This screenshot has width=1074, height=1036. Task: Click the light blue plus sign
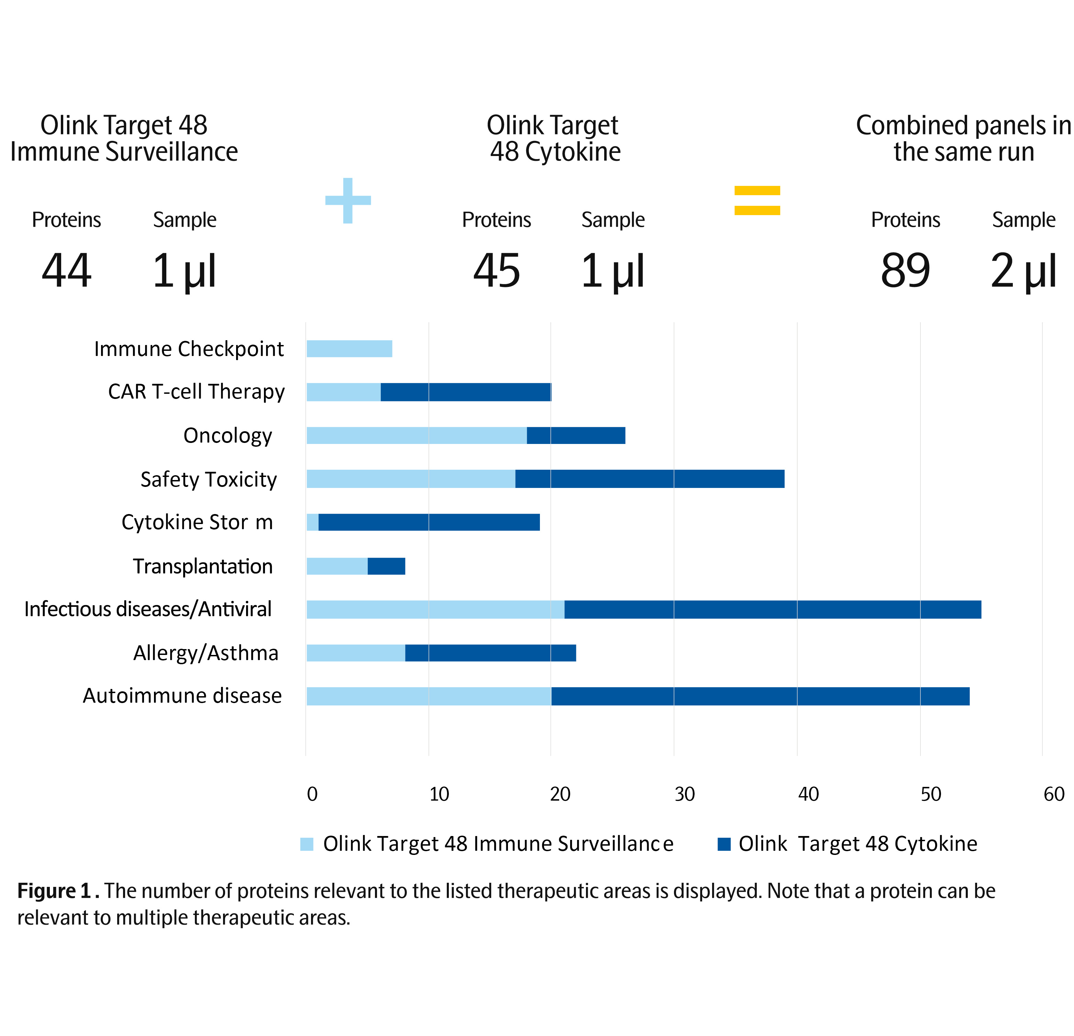348,201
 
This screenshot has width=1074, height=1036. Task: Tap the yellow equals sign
757,201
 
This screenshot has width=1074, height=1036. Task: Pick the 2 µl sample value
1023,271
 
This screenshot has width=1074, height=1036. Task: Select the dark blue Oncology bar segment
576,436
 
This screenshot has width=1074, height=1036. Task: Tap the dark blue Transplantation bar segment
386,566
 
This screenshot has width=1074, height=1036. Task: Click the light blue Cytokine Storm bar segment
312,522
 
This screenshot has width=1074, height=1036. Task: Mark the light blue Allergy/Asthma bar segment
356,653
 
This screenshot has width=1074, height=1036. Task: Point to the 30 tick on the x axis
684,794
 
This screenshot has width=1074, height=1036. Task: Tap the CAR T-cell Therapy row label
196,392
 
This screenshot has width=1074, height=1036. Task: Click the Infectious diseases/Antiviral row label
148,609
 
